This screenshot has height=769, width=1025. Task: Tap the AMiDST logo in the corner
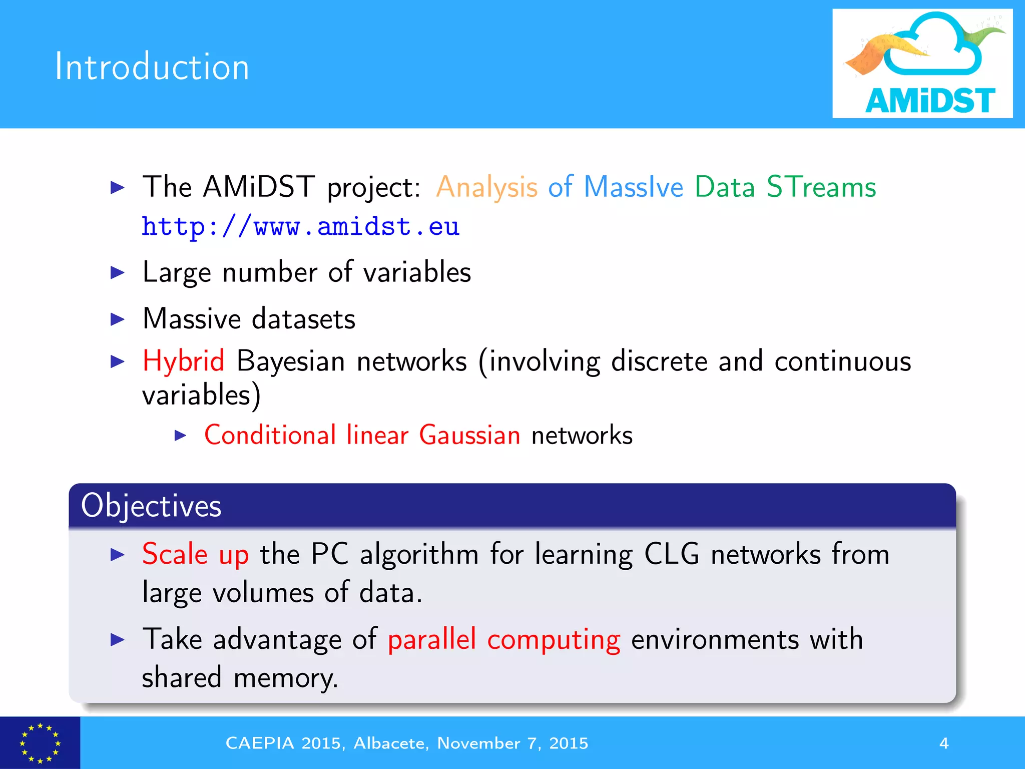coord(922,64)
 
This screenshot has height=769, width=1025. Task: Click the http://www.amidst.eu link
coord(300,227)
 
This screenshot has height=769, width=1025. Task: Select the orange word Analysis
coord(486,188)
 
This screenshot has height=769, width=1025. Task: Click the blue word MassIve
coord(633,187)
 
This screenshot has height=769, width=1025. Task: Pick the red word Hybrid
coord(183,361)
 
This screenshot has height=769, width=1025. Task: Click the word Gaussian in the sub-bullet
coord(469,435)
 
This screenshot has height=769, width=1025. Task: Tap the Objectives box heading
coord(151,506)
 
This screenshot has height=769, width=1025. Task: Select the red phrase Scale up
coord(195,555)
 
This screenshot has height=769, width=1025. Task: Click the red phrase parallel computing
coord(503,640)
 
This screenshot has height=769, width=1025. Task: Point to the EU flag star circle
coord(40,743)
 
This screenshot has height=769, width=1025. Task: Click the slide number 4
coord(944,743)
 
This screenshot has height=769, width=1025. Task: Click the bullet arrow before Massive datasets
coord(117,319)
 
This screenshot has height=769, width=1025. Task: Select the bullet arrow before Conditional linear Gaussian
coord(181,435)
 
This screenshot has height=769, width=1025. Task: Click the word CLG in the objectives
coord(671,555)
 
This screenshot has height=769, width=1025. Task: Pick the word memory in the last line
coord(286,678)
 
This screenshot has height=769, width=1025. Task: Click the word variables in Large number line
coord(417,273)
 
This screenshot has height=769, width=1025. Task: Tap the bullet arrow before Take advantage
coord(117,639)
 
